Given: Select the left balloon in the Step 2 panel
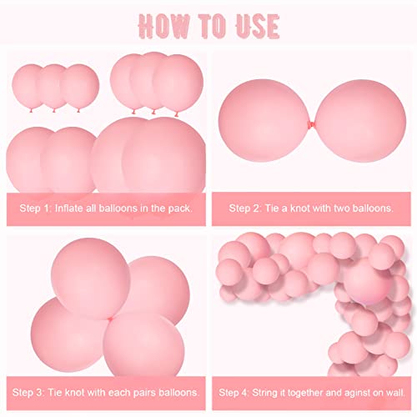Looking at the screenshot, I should [267, 121].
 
